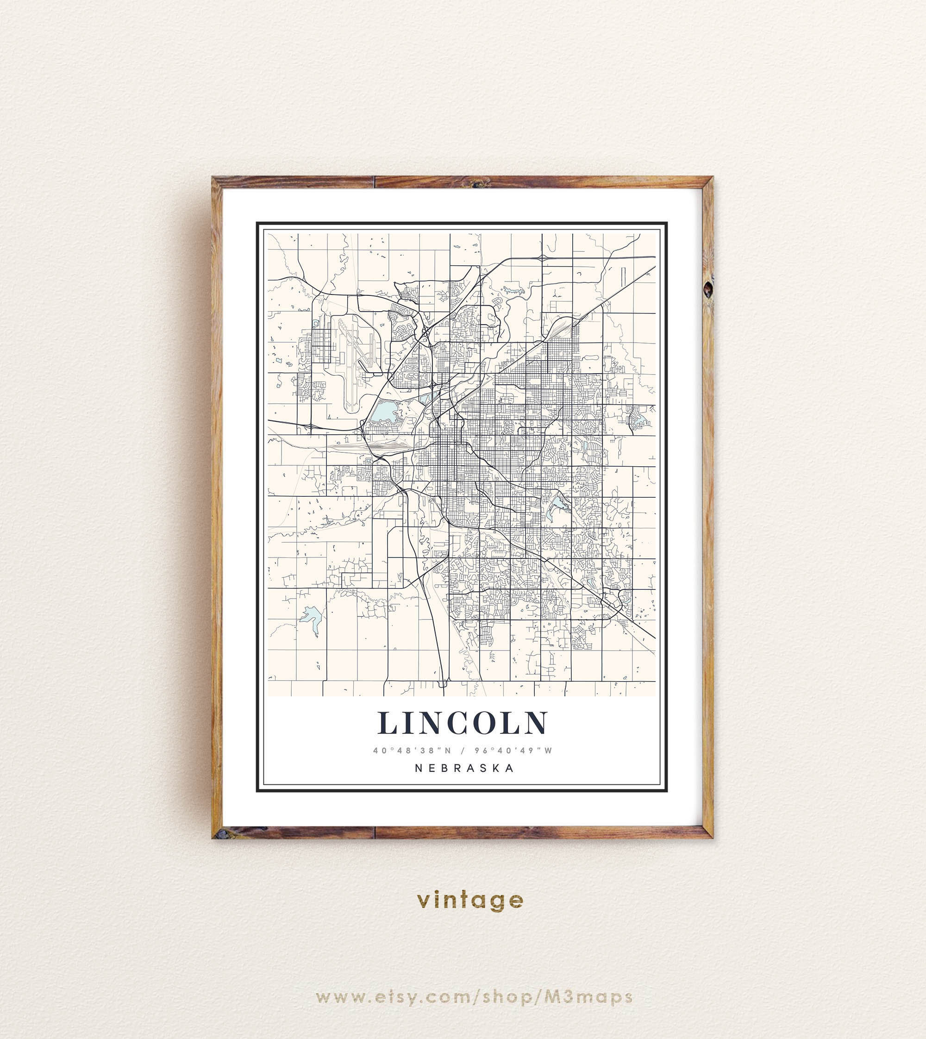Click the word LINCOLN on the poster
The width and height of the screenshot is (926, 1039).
463,723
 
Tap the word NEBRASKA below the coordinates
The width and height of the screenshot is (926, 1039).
464,768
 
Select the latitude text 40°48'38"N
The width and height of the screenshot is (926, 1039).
412,751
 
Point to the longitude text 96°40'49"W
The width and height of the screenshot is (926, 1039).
513,751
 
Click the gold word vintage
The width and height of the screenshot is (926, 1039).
469,901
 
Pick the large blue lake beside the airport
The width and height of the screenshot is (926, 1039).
384,411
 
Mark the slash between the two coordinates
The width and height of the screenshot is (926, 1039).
463,751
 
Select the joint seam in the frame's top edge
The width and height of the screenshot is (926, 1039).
375,182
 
